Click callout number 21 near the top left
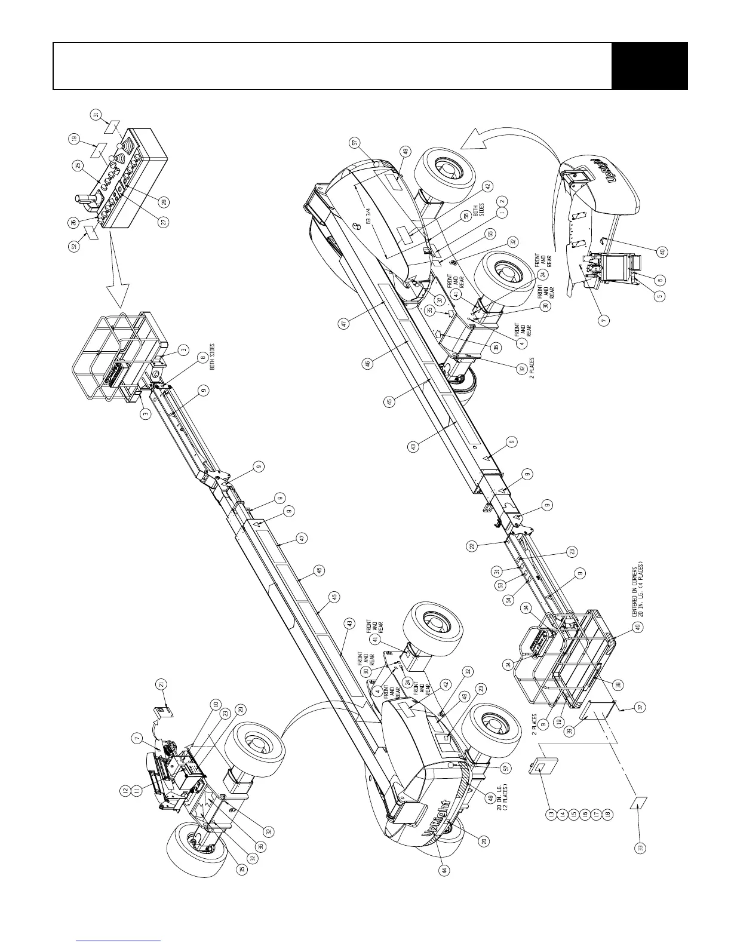tap(161, 683)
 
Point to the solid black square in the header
tap(650, 66)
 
